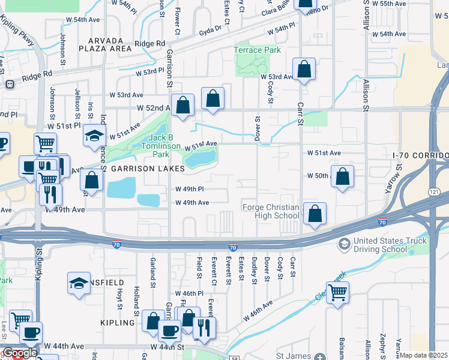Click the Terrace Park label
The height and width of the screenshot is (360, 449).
tap(257, 50)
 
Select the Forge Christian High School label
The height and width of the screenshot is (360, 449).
tap(270, 211)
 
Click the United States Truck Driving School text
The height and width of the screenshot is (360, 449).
tap(390, 246)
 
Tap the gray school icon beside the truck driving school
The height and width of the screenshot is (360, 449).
tap(344, 244)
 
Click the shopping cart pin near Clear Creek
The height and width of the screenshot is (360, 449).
tap(338, 293)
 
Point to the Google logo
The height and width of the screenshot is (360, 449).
tap(19, 353)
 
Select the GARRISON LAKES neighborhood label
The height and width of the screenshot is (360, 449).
tap(141, 169)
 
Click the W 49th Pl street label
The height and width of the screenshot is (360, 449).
tap(190, 189)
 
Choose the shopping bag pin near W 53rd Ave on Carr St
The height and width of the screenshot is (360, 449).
tap(304, 69)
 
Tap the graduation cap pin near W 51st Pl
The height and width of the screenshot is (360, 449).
tap(94, 136)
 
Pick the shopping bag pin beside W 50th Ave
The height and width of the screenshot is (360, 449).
tap(342, 176)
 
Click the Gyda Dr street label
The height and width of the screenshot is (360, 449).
tap(215, 29)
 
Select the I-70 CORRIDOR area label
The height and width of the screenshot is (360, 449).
tap(420, 155)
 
